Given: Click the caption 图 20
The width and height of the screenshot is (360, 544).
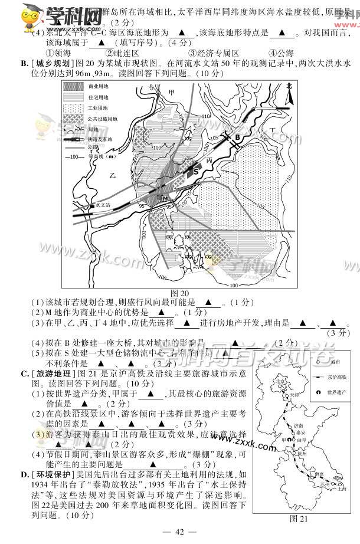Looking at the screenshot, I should (x=179, y=293).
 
